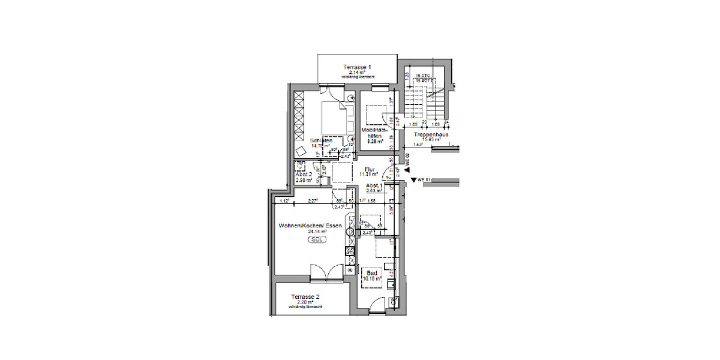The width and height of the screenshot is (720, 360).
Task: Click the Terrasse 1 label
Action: coord(357,67)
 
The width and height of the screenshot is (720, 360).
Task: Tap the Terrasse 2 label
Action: coord(305,296)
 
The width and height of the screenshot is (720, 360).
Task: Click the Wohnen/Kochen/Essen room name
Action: coord(310,226)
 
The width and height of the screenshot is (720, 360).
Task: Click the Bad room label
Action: coord(372,272)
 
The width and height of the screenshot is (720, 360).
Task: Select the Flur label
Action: coord(371,169)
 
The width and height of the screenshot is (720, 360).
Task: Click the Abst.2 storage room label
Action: coord(302,174)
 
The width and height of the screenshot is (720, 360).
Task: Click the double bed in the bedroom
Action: coord(332,118)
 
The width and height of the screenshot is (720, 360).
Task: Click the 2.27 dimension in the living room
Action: coord(313,201)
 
